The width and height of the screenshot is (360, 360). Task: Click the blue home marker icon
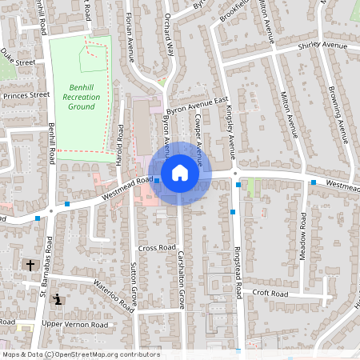pos(179,173)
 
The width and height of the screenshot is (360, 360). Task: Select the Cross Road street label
pos(156,248)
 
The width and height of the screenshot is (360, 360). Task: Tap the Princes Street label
pos(26,94)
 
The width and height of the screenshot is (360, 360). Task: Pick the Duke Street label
pos(18,57)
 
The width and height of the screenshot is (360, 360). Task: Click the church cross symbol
pos(30,264)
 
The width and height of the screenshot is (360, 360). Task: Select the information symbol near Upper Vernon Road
pos(58,300)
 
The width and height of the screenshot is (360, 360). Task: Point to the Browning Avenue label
pos(339,111)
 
